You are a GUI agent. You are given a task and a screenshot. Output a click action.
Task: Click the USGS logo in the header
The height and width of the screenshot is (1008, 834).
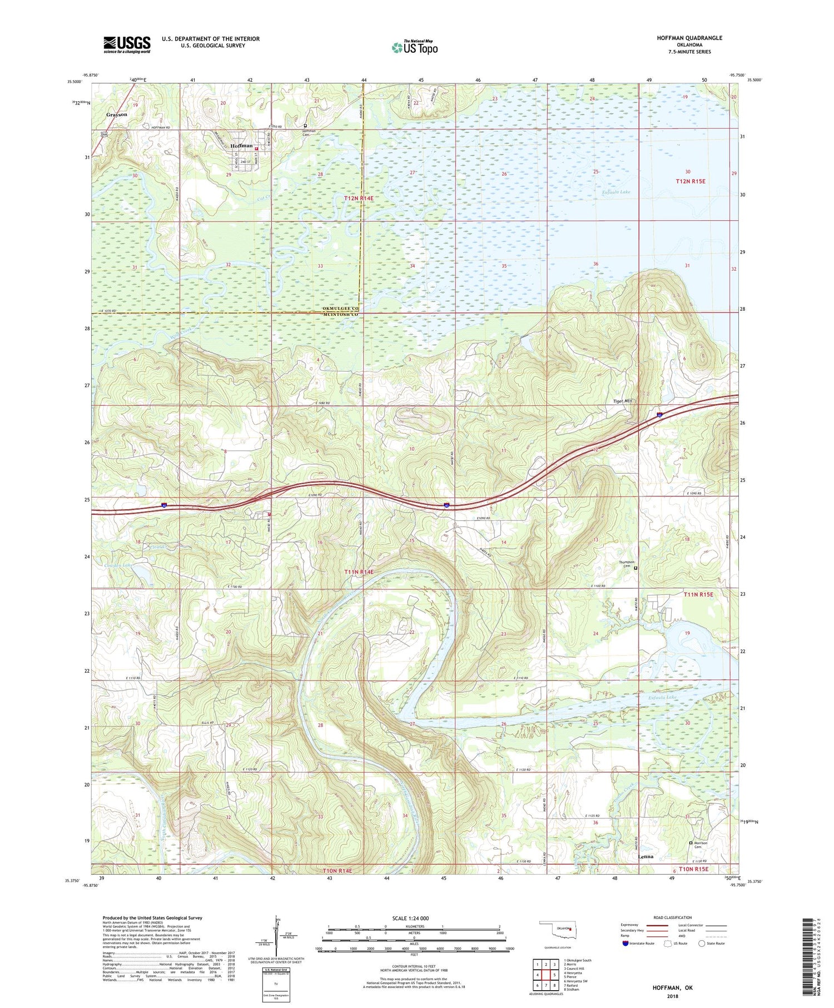127,44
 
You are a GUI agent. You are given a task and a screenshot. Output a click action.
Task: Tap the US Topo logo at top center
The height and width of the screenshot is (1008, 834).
414,48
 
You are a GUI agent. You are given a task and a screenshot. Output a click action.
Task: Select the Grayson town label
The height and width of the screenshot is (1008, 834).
117,115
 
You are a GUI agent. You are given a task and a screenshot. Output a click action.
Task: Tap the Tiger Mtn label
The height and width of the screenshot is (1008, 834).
623,401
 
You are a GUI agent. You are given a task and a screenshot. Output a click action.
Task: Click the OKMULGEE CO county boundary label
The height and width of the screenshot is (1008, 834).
341,308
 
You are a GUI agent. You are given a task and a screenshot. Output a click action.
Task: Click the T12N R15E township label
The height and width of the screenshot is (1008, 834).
690,181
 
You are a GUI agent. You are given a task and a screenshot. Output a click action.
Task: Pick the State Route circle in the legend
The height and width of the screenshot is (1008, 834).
702,944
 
